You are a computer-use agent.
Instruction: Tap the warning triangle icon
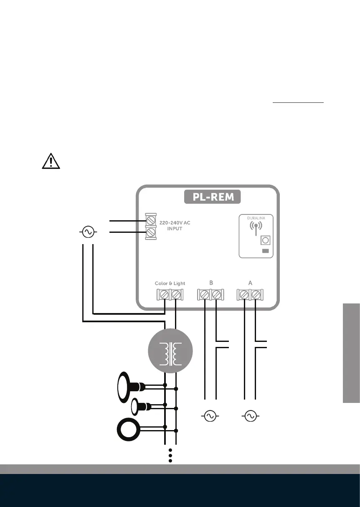click(51, 160)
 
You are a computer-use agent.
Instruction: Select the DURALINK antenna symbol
click(256, 228)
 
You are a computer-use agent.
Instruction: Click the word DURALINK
click(256, 218)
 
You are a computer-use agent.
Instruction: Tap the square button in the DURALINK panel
click(265, 241)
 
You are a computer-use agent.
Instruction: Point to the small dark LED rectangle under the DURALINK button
click(265, 251)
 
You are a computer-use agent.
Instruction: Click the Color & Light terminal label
click(170, 283)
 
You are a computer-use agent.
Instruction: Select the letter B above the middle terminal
click(211, 283)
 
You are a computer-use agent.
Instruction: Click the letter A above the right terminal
click(250, 283)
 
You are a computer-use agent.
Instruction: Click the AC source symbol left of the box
click(88, 232)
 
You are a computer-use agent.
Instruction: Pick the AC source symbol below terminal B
click(210, 416)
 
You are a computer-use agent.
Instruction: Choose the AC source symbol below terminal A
click(250, 416)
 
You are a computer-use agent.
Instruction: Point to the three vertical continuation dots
click(170, 455)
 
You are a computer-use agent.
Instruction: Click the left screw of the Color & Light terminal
click(165, 295)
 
